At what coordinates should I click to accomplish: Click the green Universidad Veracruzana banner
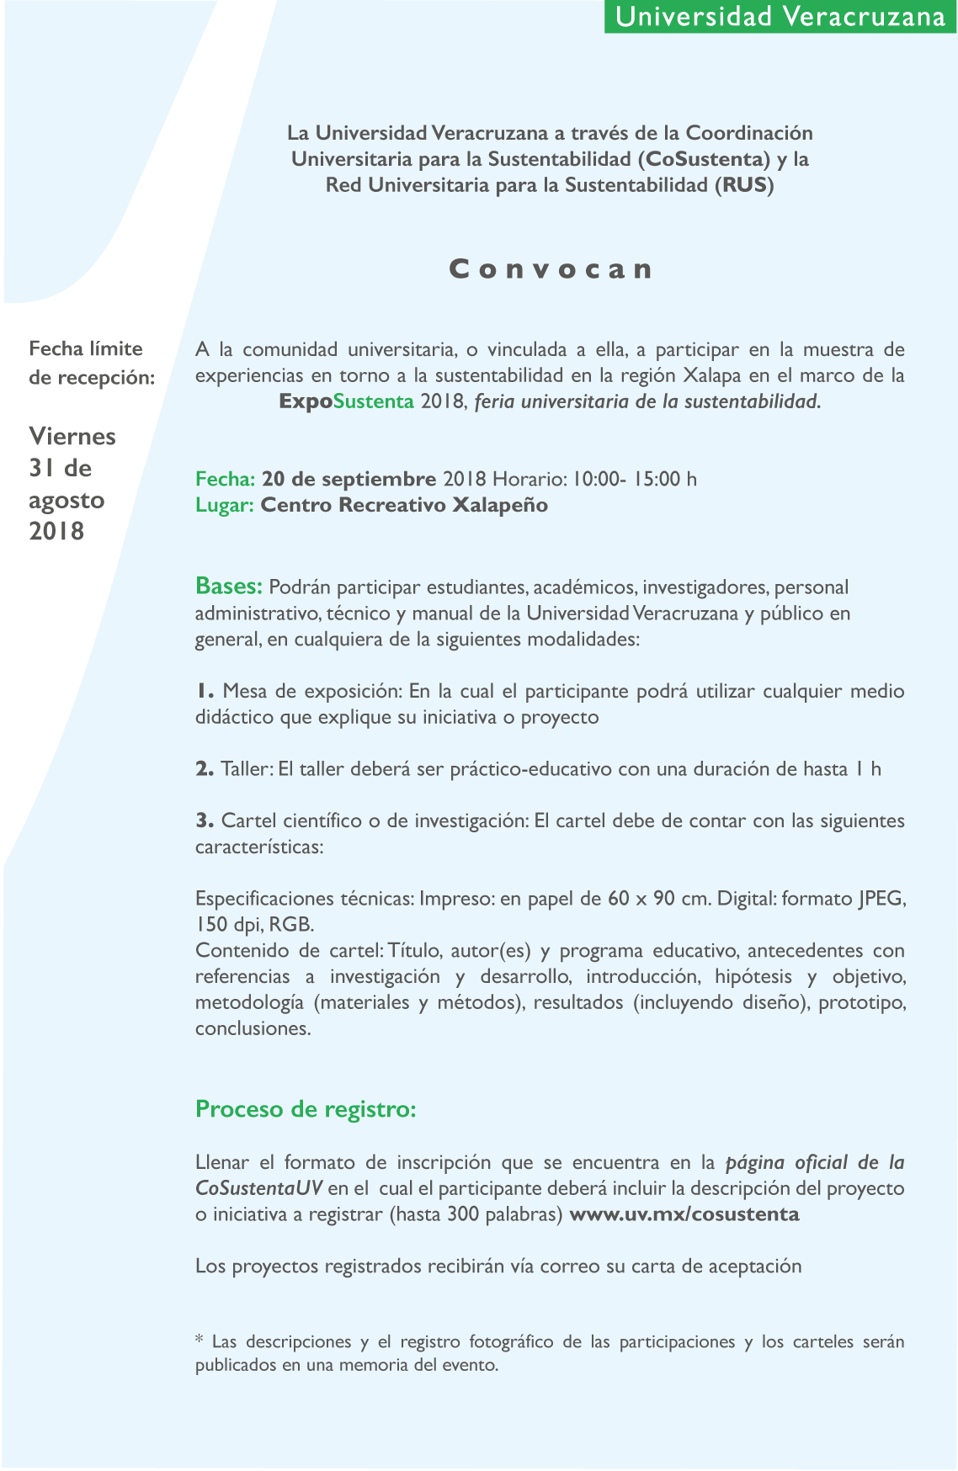click(x=780, y=17)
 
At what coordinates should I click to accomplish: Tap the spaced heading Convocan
click(x=551, y=269)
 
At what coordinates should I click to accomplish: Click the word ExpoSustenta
click(x=346, y=401)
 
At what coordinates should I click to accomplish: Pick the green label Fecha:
click(x=225, y=479)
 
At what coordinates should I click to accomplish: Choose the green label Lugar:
click(x=224, y=505)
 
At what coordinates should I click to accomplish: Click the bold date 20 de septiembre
click(x=349, y=479)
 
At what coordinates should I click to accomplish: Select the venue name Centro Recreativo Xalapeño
click(x=404, y=505)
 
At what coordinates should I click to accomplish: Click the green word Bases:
click(x=229, y=586)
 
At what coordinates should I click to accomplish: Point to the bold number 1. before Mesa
click(x=205, y=691)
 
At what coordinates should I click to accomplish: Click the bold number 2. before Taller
click(x=205, y=768)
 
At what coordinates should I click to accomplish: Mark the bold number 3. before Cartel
click(x=205, y=820)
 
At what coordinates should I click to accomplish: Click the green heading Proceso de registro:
click(x=306, y=1109)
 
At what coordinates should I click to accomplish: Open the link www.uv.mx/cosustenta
click(x=684, y=1214)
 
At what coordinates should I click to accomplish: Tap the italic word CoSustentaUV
click(x=258, y=1188)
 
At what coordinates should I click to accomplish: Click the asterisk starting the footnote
click(x=200, y=1340)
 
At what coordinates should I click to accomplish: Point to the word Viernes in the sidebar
click(x=72, y=436)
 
